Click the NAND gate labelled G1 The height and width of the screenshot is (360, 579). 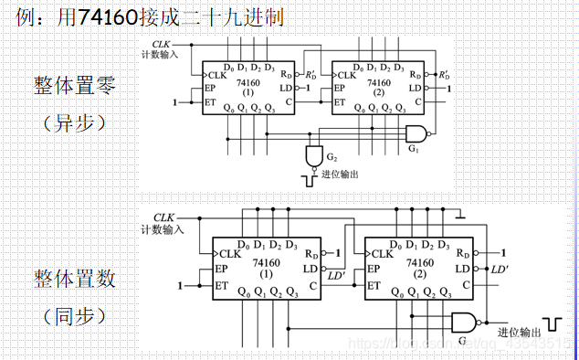tap(417, 133)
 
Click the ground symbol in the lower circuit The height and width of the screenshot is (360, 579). tap(460, 215)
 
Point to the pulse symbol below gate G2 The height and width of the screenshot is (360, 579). tap(304, 176)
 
